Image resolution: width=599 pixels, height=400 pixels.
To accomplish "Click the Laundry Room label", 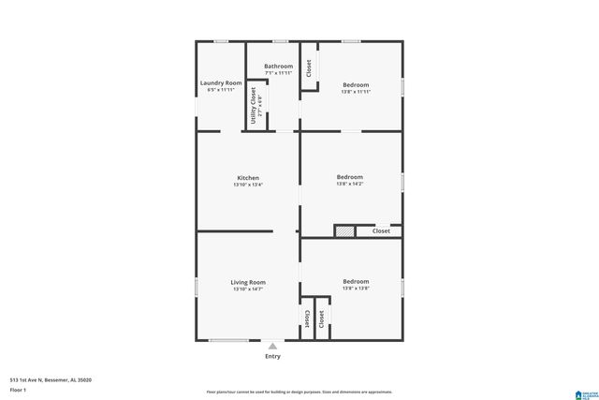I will coord(221,83).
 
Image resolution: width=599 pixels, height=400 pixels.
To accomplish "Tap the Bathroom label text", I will coord(278,67).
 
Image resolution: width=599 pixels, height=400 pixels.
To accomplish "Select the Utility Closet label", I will coord(253,106).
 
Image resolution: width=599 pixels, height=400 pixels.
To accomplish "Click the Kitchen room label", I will coord(248,178).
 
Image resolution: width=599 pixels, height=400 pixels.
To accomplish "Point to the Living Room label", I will coord(248,282).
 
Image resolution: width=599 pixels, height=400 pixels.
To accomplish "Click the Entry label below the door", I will coord(272,356).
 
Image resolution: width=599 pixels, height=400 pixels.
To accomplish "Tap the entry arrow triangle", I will coord(272,346).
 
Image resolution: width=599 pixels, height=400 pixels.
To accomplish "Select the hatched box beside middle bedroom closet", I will coord(345,230).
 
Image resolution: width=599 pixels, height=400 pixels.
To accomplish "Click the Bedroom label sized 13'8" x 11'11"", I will coord(356,84).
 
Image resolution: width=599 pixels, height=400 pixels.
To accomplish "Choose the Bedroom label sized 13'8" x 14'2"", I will coord(350,177).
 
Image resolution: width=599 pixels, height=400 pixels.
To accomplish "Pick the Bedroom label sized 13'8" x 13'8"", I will coord(356,282).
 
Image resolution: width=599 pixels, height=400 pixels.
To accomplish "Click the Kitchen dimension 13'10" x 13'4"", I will coord(248,185).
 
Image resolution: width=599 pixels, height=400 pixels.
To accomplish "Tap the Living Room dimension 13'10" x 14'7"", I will coord(248,289).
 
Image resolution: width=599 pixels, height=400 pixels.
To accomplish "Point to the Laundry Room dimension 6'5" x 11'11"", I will coord(221,90).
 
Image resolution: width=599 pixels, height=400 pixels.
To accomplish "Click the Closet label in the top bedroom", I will coord(309,67).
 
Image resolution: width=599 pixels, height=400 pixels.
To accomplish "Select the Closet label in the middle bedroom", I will coord(381,230).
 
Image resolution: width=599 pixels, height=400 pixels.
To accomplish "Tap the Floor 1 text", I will coord(18,390).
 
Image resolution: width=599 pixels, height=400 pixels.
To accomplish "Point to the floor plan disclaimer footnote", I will coord(299,392).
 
